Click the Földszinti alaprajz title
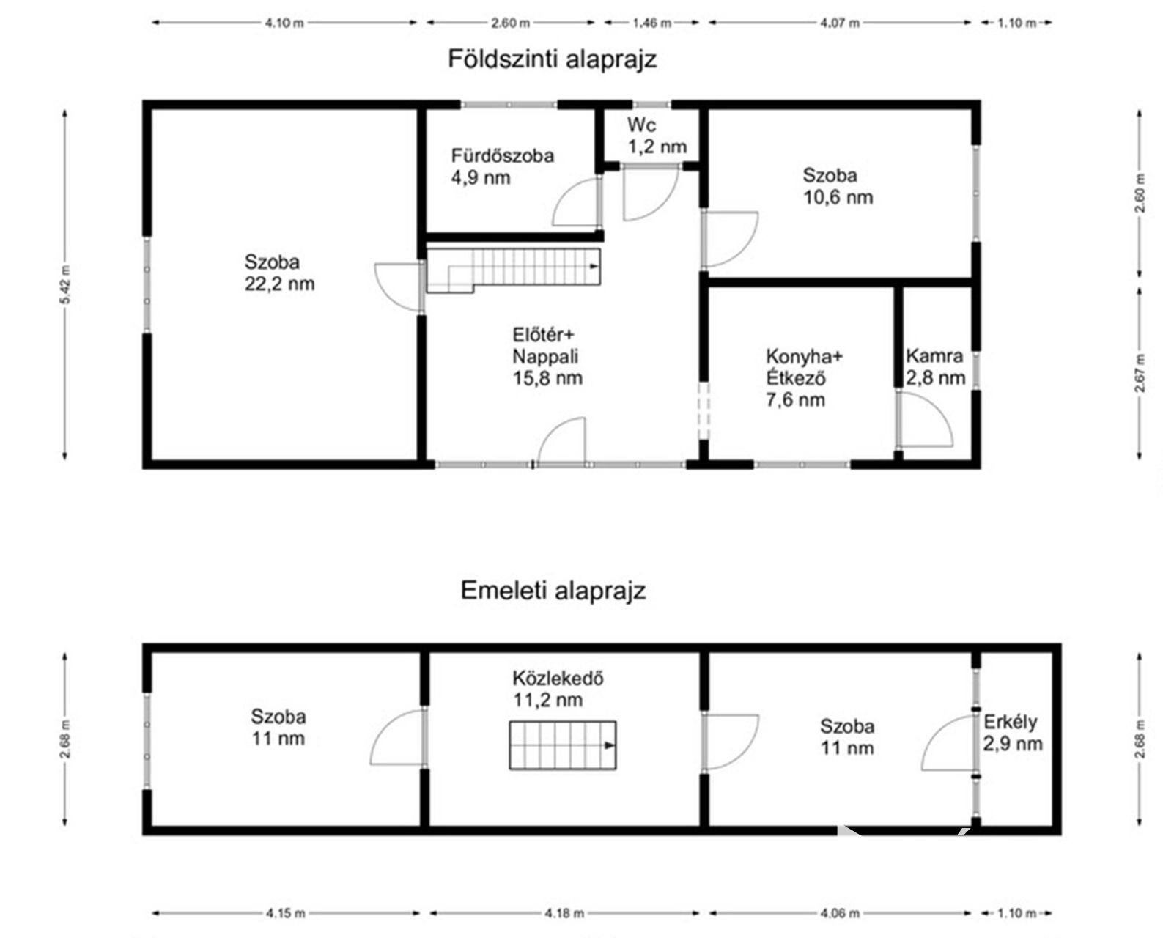tap(553, 59)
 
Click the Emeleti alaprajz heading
tap(553, 591)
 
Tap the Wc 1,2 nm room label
tap(657, 136)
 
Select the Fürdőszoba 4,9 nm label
tap(503, 166)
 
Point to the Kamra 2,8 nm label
tap(936, 366)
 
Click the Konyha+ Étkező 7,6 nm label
tap(804, 378)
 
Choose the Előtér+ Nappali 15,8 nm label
tap(547, 356)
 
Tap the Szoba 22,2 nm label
tap(279, 273)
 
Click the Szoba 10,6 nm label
tap(838, 186)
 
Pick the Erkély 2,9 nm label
tap(1012, 733)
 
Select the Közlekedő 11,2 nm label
tap(558, 689)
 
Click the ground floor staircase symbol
tap(514, 270)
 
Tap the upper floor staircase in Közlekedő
tap(563, 745)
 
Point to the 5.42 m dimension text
tap(64, 284)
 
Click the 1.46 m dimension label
tap(651, 23)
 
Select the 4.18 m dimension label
tap(564, 913)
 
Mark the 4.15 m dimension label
tap(285, 913)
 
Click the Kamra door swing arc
tap(926, 419)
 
